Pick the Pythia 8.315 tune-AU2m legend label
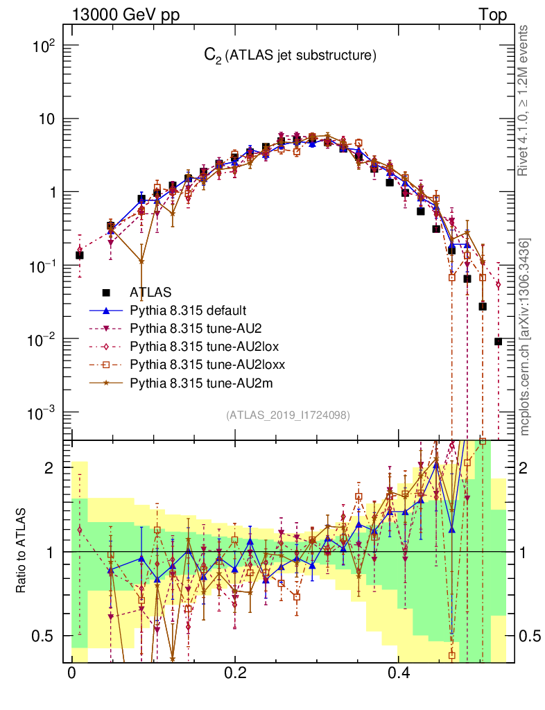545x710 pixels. pyautogui.click(x=194, y=382)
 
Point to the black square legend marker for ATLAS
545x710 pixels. pyautogui.click(x=105, y=293)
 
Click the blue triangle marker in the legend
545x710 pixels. pyautogui.click(x=105, y=310)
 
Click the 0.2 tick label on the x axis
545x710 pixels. pyautogui.click(x=235, y=673)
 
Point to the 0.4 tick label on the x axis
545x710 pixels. pyautogui.click(x=399, y=673)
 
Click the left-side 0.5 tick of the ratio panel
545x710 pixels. pyautogui.click(x=44, y=636)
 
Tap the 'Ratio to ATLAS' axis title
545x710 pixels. pyautogui.click(x=21, y=551)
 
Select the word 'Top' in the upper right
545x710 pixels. pyautogui.click(x=492, y=15)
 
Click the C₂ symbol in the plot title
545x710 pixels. pyautogui.click(x=210, y=56)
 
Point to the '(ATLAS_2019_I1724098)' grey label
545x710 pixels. pyautogui.click(x=288, y=415)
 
